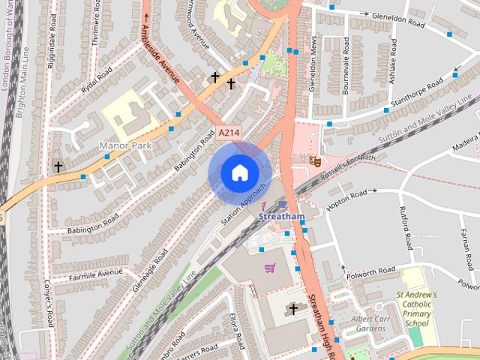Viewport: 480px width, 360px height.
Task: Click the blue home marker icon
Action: click(238, 172)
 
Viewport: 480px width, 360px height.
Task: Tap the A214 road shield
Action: click(229, 133)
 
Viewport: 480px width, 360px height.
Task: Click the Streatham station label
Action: click(281, 217)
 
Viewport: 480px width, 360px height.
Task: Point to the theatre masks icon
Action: click(315, 160)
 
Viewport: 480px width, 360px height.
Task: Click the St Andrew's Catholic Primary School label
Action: click(416, 308)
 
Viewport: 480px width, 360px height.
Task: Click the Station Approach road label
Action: click(244, 203)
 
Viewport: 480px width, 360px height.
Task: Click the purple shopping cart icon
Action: click(269, 268)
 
